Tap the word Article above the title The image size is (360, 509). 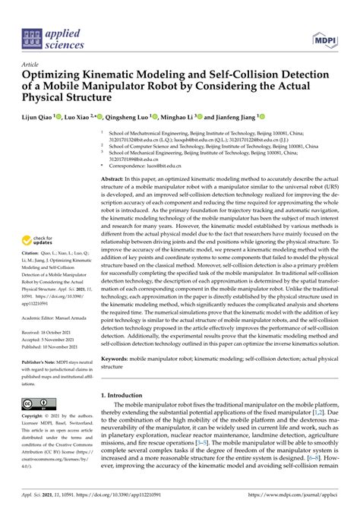pyautogui.click(x=31, y=65)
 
